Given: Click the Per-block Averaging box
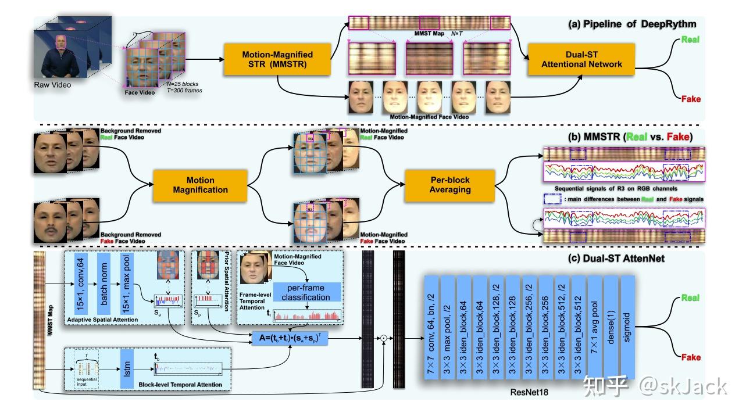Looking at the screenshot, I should [447, 185].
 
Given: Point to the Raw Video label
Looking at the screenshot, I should [52, 85].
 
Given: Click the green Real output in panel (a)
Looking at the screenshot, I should [691, 40].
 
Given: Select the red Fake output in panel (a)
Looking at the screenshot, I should [691, 99].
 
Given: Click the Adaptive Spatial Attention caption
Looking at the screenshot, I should [102, 320].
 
